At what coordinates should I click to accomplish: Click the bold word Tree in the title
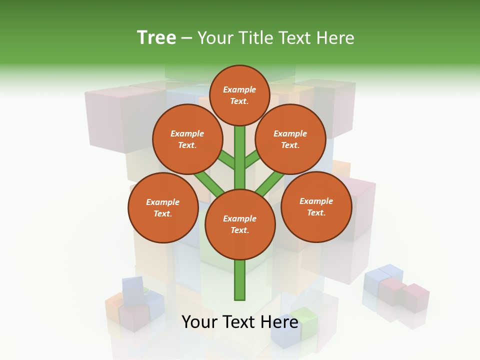(x=156, y=38)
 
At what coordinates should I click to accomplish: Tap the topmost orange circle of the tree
(x=239, y=95)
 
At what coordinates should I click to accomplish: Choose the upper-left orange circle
(x=187, y=139)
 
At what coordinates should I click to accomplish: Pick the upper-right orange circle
(x=290, y=139)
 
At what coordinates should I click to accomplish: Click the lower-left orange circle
(x=162, y=207)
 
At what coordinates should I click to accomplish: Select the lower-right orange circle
(x=316, y=206)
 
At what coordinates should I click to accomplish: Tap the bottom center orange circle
(x=239, y=224)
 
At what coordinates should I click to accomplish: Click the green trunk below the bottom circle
(x=239, y=280)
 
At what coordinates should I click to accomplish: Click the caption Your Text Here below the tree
(x=239, y=322)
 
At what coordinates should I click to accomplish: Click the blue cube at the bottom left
(x=133, y=289)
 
